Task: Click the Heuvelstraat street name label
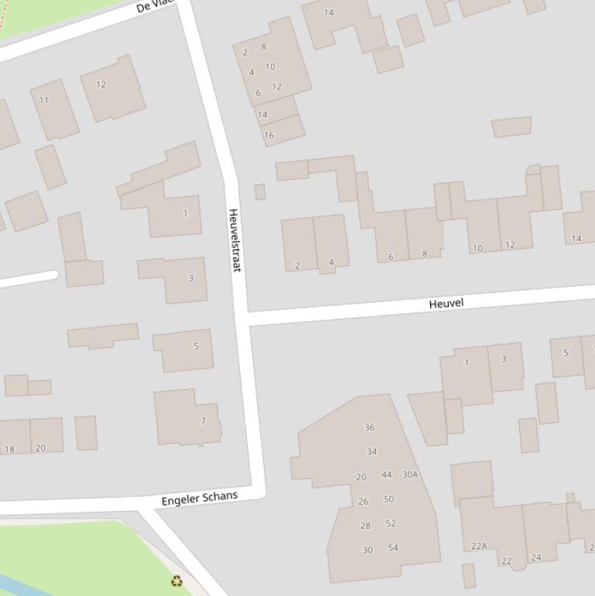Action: pyautogui.click(x=234, y=239)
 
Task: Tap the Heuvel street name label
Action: pyautogui.click(x=446, y=303)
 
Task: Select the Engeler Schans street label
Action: pyautogui.click(x=200, y=498)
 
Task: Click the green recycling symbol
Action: pyautogui.click(x=177, y=581)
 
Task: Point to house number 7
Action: pyautogui.click(x=203, y=421)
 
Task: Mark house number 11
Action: pyautogui.click(x=43, y=100)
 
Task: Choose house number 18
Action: pyautogui.click(x=9, y=449)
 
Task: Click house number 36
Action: pyautogui.click(x=369, y=427)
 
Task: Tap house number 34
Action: pyautogui.click(x=371, y=451)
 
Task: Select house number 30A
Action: pyautogui.click(x=410, y=474)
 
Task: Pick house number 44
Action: pyautogui.click(x=386, y=474)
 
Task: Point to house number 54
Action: pyautogui.click(x=393, y=548)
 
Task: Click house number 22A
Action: pyautogui.click(x=479, y=546)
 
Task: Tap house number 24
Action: pyautogui.click(x=535, y=557)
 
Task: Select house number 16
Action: pyautogui.click(x=268, y=135)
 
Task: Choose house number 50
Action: pyautogui.click(x=388, y=499)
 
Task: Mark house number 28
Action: pyautogui.click(x=365, y=526)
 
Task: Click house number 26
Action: pyautogui.click(x=363, y=502)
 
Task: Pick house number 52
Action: pyautogui.click(x=391, y=523)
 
